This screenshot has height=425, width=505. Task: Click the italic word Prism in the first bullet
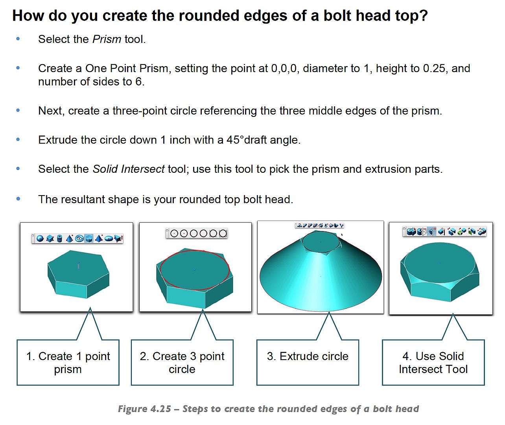point(107,39)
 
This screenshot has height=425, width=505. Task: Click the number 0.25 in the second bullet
point(434,68)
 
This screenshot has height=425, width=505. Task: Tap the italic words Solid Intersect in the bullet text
point(129,169)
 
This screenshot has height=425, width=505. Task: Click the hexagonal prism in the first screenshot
point(78,274)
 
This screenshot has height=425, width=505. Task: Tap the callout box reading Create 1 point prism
point(68,362)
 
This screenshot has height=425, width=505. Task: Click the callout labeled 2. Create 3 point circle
point(182,362)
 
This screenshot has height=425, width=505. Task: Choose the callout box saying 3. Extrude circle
point(308,362)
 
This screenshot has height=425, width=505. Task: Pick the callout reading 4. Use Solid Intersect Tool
point(433,362)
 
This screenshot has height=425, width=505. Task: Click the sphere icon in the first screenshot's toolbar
point(40,238)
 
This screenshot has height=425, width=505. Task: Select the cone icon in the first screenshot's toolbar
point(70,238)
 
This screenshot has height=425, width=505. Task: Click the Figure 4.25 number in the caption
point(161,409)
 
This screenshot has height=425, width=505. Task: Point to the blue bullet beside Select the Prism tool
point(18,39)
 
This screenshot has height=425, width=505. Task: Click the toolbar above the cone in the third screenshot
point(320,225)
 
